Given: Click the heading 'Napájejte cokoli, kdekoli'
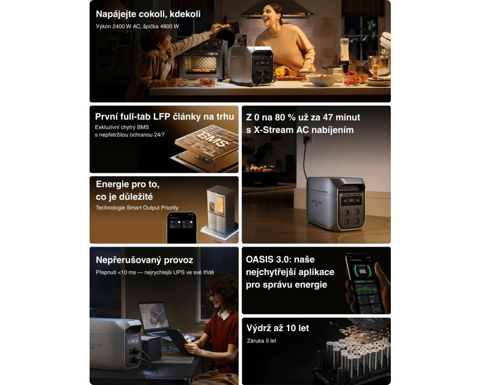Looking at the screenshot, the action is click(148, 14).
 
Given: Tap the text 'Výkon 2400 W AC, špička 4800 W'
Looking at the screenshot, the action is click(137, 26).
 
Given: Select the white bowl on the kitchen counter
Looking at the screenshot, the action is click(323, 80).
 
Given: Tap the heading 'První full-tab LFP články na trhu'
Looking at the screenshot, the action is click(164, 117).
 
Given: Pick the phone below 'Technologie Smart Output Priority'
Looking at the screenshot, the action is click(182, 228).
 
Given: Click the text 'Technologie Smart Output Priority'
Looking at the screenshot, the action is click(137, 208).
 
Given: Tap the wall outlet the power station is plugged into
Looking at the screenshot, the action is click(307, 139).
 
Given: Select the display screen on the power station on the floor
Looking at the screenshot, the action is click(352, 201).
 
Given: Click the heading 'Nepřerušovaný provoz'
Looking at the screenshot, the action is click(144, 260).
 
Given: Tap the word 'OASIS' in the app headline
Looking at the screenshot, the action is click(260, 259).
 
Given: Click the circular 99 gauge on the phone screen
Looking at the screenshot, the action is click(363, 271).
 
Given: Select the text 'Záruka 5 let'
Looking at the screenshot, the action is click(262, 341).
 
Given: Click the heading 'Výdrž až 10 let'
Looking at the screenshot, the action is click(278, 328).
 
